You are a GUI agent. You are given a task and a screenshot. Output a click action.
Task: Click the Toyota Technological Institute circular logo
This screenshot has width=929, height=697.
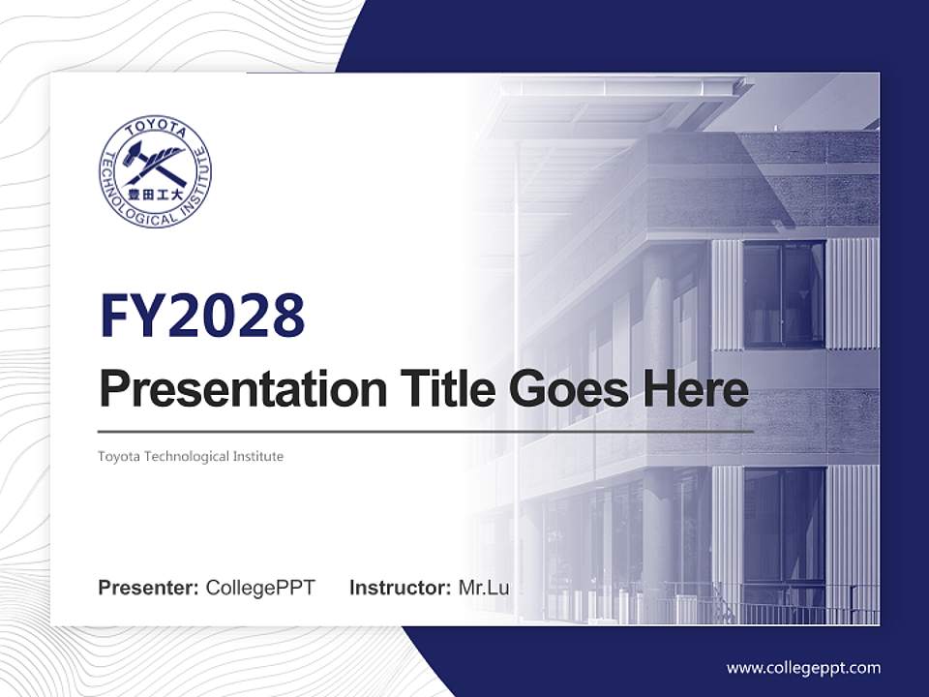155,172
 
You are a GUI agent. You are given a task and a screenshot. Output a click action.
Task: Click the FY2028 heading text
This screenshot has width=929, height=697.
202,316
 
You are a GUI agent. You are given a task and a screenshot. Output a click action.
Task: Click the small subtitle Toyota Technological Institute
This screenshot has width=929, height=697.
191,456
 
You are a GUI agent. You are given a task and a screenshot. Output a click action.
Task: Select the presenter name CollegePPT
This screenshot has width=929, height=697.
260,588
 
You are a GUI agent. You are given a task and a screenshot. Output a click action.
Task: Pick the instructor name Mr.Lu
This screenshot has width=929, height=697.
484,588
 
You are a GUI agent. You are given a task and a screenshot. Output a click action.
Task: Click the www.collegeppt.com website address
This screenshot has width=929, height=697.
803,667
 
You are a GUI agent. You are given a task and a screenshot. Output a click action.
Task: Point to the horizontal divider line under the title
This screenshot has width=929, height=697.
426,431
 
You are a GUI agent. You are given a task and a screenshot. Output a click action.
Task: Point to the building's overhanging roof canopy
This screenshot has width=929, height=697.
629,87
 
